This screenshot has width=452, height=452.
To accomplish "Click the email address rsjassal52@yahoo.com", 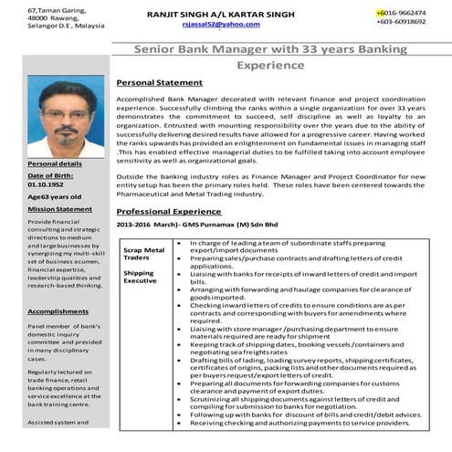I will [x=220, y=25].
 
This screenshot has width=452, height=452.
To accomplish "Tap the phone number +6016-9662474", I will [x=400, y=13].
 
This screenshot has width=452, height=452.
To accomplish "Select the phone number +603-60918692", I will [x=400, y=22].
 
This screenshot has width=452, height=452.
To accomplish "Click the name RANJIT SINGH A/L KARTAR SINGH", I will [x=220, y=14].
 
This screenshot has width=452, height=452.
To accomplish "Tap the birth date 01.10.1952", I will [x=47, y=185].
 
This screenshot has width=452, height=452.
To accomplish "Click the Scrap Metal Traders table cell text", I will [x=143, y=254].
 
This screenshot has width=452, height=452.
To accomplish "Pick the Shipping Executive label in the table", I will [x=140, y=278].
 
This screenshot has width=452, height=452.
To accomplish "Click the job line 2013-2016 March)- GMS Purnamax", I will [x=186, y=225].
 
